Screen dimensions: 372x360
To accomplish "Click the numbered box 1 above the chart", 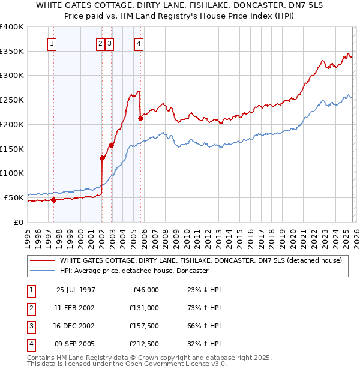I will pyautogui.click(x=52, y=43).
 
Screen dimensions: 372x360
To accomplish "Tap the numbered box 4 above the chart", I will pyautogui.click(x=139, y=43).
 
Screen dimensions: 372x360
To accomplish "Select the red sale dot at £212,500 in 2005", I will pyautogui.click(x=140, y=118).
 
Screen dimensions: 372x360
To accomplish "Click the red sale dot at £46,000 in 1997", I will pyautogui.click(x=54, y=200).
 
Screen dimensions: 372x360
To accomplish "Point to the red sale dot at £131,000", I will pyautogui.click(x=102, y=158).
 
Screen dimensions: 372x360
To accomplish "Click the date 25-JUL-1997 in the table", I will pyautogui.click(x=76, y=290).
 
